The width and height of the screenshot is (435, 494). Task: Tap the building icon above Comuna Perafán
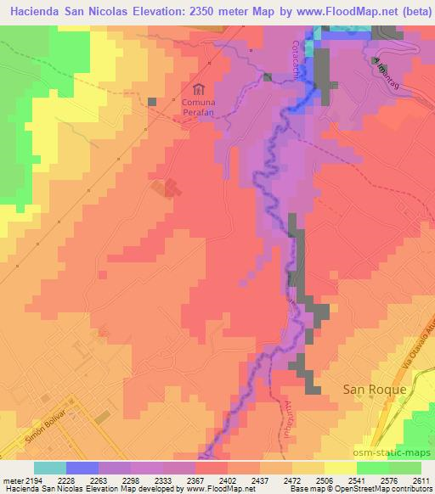[199, 89]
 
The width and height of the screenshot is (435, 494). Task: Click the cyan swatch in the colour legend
[49, 468]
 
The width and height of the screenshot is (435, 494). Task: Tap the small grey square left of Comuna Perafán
[152, 102]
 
